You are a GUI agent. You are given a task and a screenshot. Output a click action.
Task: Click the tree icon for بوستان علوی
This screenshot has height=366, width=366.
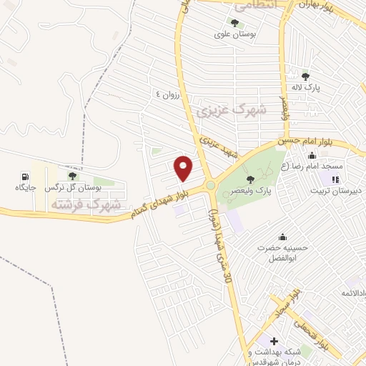pos(235,22)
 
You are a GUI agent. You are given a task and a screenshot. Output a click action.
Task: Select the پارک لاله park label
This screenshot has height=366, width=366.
pos(305,87)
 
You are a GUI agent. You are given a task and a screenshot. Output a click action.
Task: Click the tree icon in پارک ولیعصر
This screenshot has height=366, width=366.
pos(250,179)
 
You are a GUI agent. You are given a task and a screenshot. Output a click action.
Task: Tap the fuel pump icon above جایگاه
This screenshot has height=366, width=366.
pos(26,176)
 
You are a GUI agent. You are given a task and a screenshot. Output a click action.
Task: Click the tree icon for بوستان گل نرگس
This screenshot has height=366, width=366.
pos(71,176)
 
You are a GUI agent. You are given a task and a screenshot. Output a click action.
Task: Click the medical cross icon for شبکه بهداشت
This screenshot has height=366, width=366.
pos(274,342)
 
